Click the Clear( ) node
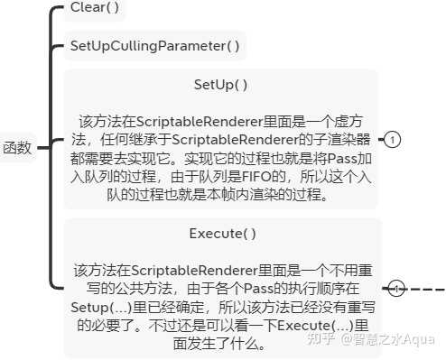(94, 9)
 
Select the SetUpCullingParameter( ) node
(155, 45)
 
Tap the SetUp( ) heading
(221, 85)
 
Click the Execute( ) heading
(222, 233)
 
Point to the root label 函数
(17, 148)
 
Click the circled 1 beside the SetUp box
(394, 140)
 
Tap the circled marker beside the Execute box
(395, 289)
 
